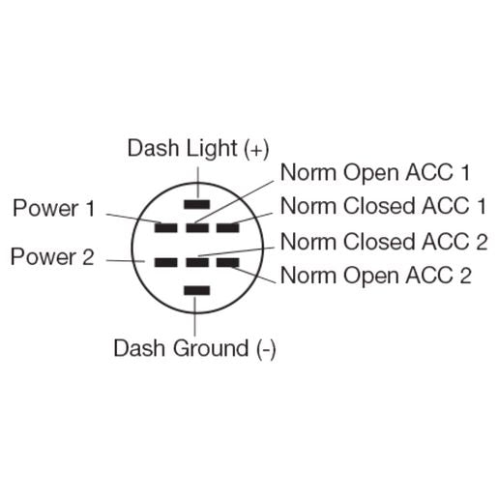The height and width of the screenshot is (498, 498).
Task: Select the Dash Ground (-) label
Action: pyautogui.click(x=195, y=348)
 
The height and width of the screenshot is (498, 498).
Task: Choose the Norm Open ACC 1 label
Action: pyautogui.click(x=375, y=173)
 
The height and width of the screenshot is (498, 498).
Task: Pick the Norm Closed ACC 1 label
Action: pyautogui.click(x=383, y=205)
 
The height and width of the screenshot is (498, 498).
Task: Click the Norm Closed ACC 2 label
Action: pyautogui.click(x=384, y=241)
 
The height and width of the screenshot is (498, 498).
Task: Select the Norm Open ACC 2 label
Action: pyautogui.click(x=376, y=276)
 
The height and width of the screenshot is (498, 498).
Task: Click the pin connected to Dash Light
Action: pyautogui.click(x=197, y=204)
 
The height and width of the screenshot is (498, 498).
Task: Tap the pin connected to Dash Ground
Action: pyautogui.click(x=197, y=289)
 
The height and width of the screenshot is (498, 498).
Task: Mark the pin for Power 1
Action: pyautogui.click(x=166, y=227)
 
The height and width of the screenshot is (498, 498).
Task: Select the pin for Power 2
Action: pyautogui.click(x=166, y=262)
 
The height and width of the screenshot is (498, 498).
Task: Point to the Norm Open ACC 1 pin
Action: pyautogui.click(x=197, y=227)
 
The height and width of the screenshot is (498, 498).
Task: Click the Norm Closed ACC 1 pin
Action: pyautogui.click(x=228, y=227)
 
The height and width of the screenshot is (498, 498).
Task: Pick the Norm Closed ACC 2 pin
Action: pyautogui.click(x=197, y=262)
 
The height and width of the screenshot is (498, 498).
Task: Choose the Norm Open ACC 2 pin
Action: pyautogui.click(x=228, y=262)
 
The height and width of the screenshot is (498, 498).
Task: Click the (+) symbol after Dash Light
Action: pyautogui.click(x=256, y=148)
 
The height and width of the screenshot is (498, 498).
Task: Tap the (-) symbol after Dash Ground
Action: pyautogui.click(x=267, y=348)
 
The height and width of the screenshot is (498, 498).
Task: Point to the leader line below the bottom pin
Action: pyautogui.click(x=197, y=314)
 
